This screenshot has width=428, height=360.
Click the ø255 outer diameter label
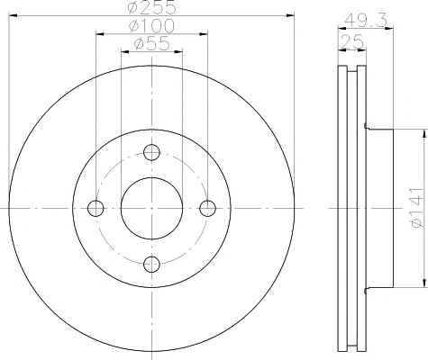[x=151, y=7]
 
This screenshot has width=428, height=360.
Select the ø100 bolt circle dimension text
[x=151, y=26]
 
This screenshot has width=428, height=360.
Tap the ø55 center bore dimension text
[x=152, y=44]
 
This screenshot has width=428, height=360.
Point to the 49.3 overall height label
[x=365, y=21]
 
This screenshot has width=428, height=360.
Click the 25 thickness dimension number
[x=352, y=41]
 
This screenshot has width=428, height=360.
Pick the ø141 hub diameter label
[x=417, y=208]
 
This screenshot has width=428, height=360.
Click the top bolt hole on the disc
[x=151, y=152]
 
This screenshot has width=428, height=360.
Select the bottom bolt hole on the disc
[x=151, y=264]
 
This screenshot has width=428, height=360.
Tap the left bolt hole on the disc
[x=96, y=208]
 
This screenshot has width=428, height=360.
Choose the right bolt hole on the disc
[x=208, y=208]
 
